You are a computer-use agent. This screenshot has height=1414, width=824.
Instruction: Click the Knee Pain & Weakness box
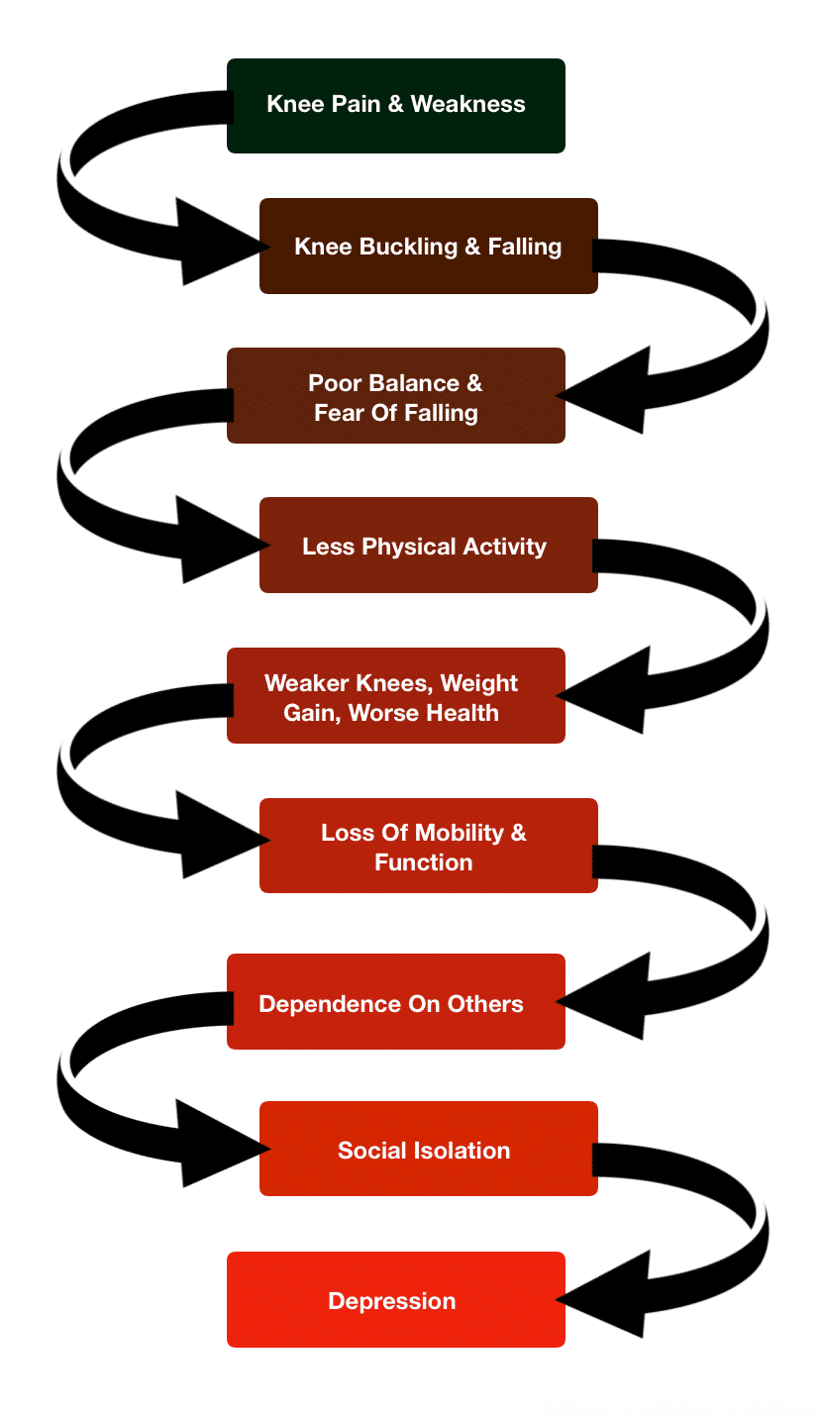point(396,106)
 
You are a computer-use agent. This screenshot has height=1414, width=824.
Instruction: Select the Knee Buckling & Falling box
point(429,247)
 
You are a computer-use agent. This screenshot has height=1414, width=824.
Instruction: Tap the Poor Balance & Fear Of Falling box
point(396,396)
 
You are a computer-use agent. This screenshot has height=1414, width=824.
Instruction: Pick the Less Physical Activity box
point(429,546)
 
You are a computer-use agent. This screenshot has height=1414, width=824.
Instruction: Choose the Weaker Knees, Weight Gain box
point(396,696)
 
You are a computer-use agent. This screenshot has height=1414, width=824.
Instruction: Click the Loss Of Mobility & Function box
point(429,846)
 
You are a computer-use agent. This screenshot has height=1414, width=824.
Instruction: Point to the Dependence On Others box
point(396,1002)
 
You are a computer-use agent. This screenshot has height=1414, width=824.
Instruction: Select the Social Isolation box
point(429,1149)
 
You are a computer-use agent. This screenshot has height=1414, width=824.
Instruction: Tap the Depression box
point(396,1300)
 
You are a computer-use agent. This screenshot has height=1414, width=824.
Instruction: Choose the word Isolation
point(464,1151)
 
